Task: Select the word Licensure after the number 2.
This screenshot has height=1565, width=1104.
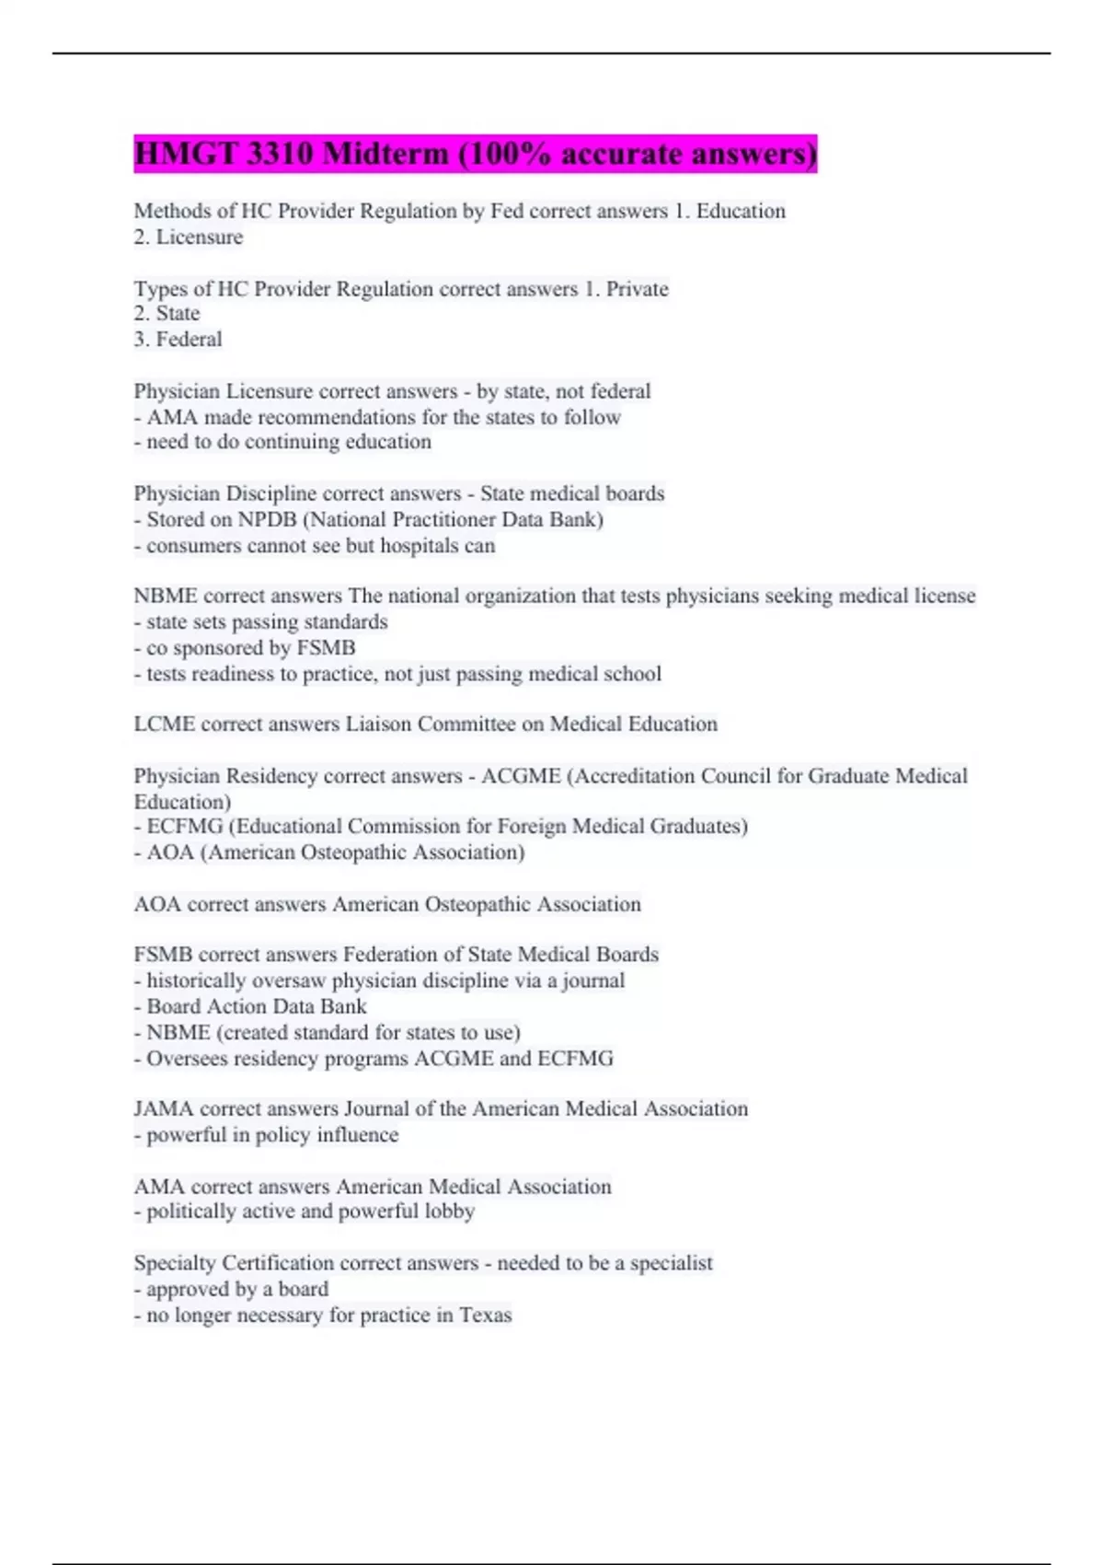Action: click(200, 238)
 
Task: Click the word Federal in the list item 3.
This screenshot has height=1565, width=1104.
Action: click(189, 340)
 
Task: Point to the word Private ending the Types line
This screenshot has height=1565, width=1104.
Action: click(637, 289)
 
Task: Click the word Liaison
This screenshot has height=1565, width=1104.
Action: click(379, 725)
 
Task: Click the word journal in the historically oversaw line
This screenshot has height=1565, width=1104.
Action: click(593, 981)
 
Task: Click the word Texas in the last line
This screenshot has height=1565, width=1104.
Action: click(485, 1316)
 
